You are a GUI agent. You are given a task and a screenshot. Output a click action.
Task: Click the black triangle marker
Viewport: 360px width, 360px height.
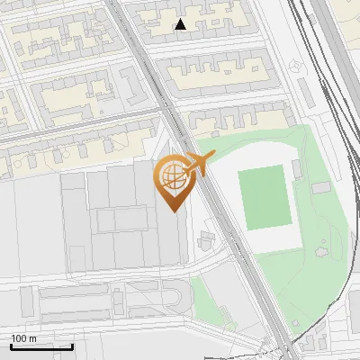[x=181, y=24]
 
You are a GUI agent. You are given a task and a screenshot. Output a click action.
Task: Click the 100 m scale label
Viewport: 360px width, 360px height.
[x=23, y=338]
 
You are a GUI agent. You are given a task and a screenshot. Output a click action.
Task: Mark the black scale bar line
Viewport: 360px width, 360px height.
[x=40, y=346]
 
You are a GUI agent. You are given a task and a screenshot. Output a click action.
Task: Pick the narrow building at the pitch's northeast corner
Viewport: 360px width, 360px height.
[x=297, y=168]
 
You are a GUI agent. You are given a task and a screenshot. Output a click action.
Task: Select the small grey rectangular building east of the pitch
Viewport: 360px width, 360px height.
[x=321, y=187]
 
